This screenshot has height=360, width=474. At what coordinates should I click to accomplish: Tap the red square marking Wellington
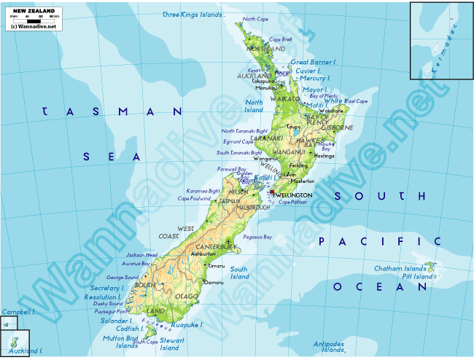click(x=271, y=193)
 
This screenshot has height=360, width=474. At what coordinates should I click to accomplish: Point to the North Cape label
click(x=255, y=19)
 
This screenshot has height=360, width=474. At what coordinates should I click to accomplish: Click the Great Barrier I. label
click(x=314, y=63)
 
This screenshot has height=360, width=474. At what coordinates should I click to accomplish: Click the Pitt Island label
click(x=419, y=277)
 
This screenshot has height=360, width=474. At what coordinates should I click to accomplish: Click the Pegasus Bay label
click(x=257, y=237)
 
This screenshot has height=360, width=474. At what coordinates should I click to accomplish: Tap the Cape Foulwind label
click(x=194, y=198)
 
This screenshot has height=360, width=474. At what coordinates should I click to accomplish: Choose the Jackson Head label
click(x=141, y=255)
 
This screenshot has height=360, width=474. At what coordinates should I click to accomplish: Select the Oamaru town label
click(x=214, y=282)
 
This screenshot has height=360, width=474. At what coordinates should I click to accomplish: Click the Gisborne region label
click(x=338, y=128)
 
